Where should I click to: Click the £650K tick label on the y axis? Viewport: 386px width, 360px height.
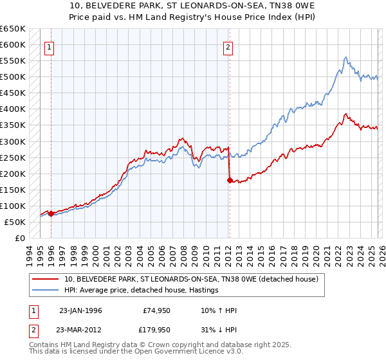point(13,29)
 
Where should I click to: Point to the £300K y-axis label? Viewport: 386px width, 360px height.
point(13,141)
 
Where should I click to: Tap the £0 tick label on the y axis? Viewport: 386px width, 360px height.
point(20,238)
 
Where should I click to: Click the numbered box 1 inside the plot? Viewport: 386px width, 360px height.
point(50,46)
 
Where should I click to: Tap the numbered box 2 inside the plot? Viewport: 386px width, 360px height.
point(228,46)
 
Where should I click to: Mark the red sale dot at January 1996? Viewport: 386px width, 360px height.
point(51,213)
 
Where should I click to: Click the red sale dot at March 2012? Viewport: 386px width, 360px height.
point(229,180)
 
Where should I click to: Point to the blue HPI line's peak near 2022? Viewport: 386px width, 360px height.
point(345,57)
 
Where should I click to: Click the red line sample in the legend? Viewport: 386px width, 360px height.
point(46,280)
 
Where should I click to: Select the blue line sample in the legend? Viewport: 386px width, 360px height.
point(46,291)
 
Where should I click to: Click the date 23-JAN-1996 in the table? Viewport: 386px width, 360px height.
point(80,310)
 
